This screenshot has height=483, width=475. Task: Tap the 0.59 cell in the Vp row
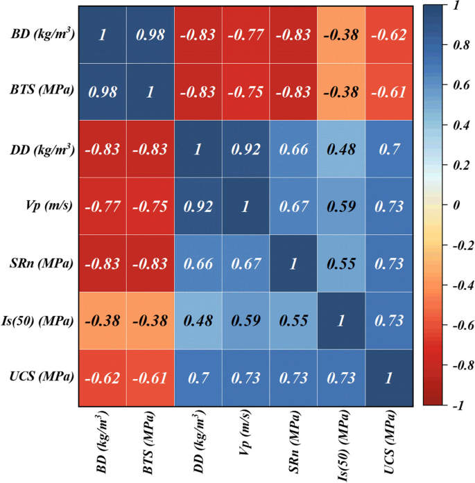tap(341, 206)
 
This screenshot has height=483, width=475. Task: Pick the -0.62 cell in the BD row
tap(390, 35)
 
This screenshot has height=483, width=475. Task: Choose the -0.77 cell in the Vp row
tap(102, 206)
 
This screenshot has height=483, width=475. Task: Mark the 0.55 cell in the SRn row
tap(341, 263)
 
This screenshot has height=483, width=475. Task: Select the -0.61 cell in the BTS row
tap(390, 91)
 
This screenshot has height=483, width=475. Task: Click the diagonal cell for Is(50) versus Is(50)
tap(341, 320)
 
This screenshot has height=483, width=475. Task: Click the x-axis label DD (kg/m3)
tap(198, 444)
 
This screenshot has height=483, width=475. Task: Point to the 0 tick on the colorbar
tap(455, 205)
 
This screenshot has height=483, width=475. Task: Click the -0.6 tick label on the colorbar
tap(458, 325)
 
